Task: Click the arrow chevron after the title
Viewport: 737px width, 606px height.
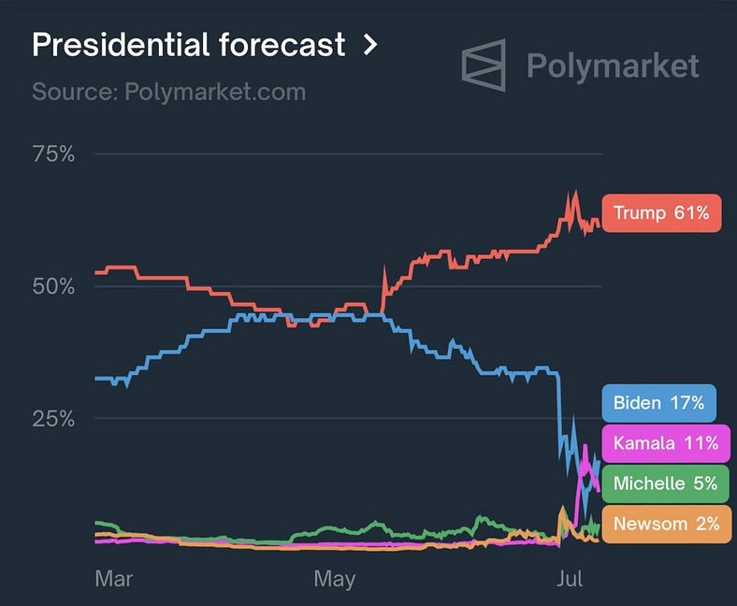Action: [x=370, y=44]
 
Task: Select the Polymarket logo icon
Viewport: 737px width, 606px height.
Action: [x=484, y=65]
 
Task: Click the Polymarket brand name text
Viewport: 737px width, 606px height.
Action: [x=613, y=65]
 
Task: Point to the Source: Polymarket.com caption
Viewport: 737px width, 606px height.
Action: [x=168, y=93]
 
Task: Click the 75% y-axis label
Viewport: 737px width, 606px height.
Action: [x=53, y=154]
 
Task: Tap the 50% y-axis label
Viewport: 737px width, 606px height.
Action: [x=53, y=286]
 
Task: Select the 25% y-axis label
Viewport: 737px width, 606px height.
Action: [x=53, y=418]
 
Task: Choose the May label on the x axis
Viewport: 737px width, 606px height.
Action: [x=334, y=579]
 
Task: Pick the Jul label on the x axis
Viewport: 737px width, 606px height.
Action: [x=569, y=579]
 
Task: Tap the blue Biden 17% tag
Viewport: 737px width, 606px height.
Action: [x=658, y=403]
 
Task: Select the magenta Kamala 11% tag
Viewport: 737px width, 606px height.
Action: [x=665, y=442]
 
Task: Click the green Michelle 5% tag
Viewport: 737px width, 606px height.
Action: [x=665, y=483]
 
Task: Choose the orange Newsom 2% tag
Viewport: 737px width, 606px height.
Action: [x=665, y=523]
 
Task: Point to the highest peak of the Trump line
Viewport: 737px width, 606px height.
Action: [x=574, y=194]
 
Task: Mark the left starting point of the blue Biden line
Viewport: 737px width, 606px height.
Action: [x=96, y=378]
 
